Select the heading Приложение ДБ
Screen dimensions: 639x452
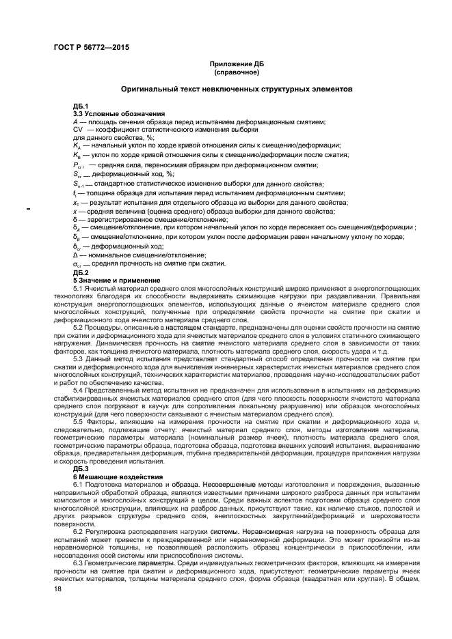tap(236, 63)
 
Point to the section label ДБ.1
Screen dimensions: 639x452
tap(81, 106)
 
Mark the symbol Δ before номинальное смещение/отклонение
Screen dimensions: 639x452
tap(75, 255)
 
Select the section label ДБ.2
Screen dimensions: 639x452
tap(81, 272)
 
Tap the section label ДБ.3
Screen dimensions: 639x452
tap(81, 468)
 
